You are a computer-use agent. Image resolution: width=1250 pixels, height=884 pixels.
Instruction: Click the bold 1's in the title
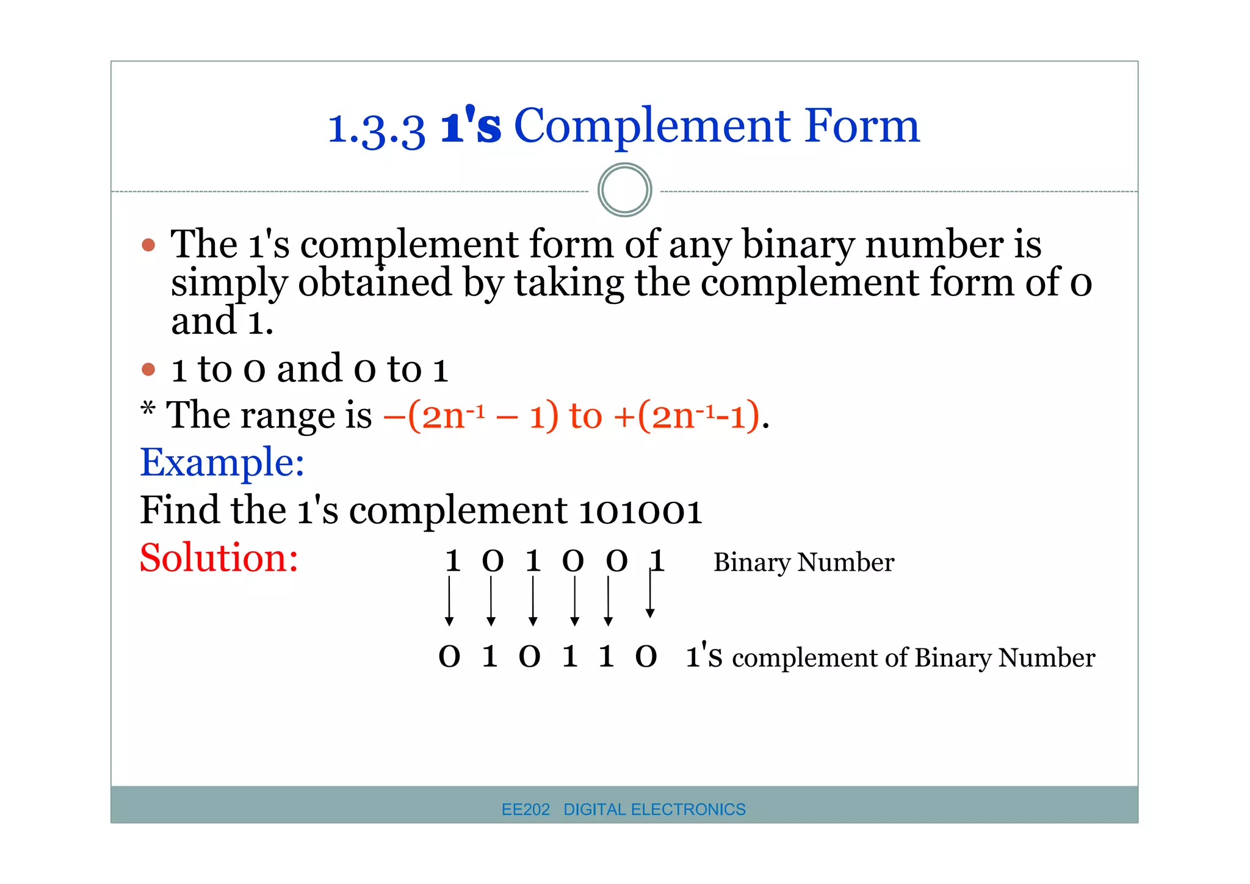click(471, 125)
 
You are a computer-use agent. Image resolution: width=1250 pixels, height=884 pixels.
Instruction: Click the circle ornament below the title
click(624, 190)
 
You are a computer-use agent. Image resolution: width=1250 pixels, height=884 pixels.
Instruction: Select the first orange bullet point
click(148, 245)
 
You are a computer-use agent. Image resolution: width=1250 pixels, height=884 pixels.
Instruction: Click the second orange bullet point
click(148, 369)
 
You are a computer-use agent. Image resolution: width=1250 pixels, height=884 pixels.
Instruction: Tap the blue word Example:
click(222, 462)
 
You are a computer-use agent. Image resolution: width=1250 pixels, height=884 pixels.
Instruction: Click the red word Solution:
click(219, 557)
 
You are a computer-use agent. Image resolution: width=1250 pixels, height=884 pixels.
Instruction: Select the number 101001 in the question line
click(640, 510)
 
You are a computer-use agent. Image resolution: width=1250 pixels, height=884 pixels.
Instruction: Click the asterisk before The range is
click(148, 408)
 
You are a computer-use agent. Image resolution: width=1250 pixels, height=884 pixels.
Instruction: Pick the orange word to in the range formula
click(585, 416)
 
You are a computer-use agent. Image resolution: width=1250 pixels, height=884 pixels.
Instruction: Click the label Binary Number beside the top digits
click(803, 562)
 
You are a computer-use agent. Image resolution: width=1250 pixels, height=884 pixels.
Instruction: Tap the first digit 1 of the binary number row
click(452, 561)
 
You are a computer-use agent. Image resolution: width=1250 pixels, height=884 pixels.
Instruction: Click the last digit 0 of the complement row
click(646, 657)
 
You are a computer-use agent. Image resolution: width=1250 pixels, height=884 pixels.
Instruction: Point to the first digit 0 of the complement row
click(449, 657)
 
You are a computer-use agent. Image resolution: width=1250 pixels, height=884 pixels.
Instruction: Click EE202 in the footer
click(526, 810)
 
